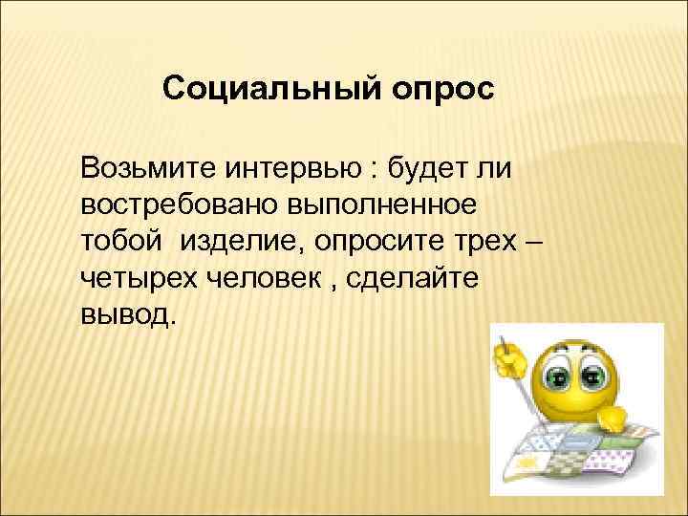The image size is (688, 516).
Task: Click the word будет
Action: (429, 172)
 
